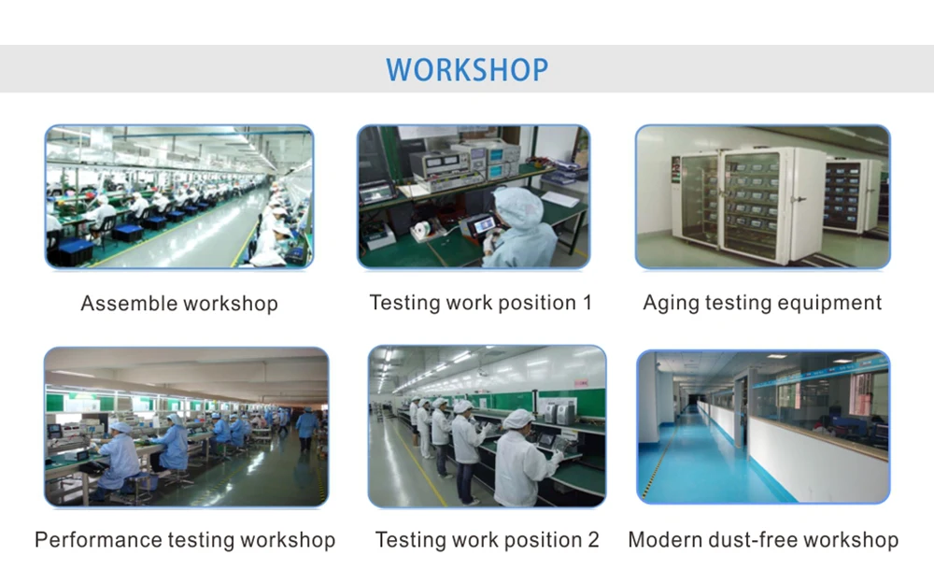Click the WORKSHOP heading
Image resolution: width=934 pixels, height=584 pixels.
(467, 69)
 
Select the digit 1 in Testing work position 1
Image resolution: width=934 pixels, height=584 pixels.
(587, 302)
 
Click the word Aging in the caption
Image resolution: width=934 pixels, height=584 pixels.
(670, 304)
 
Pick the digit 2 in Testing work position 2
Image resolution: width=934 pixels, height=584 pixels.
(593, 540)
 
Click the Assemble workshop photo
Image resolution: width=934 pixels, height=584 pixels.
(179, 196)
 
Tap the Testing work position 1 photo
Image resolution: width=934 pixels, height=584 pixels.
(474, 196)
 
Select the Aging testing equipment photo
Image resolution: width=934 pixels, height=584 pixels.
(763, 196)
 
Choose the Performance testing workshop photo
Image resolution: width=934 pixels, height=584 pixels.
(187, 427)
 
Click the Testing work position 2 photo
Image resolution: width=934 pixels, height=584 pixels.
(488, 427)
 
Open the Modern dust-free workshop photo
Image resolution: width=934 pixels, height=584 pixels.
(764, 427)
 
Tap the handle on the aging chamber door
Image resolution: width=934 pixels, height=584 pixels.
(801, 200)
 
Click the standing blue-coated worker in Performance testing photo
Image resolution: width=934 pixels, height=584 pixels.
(307, 429)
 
